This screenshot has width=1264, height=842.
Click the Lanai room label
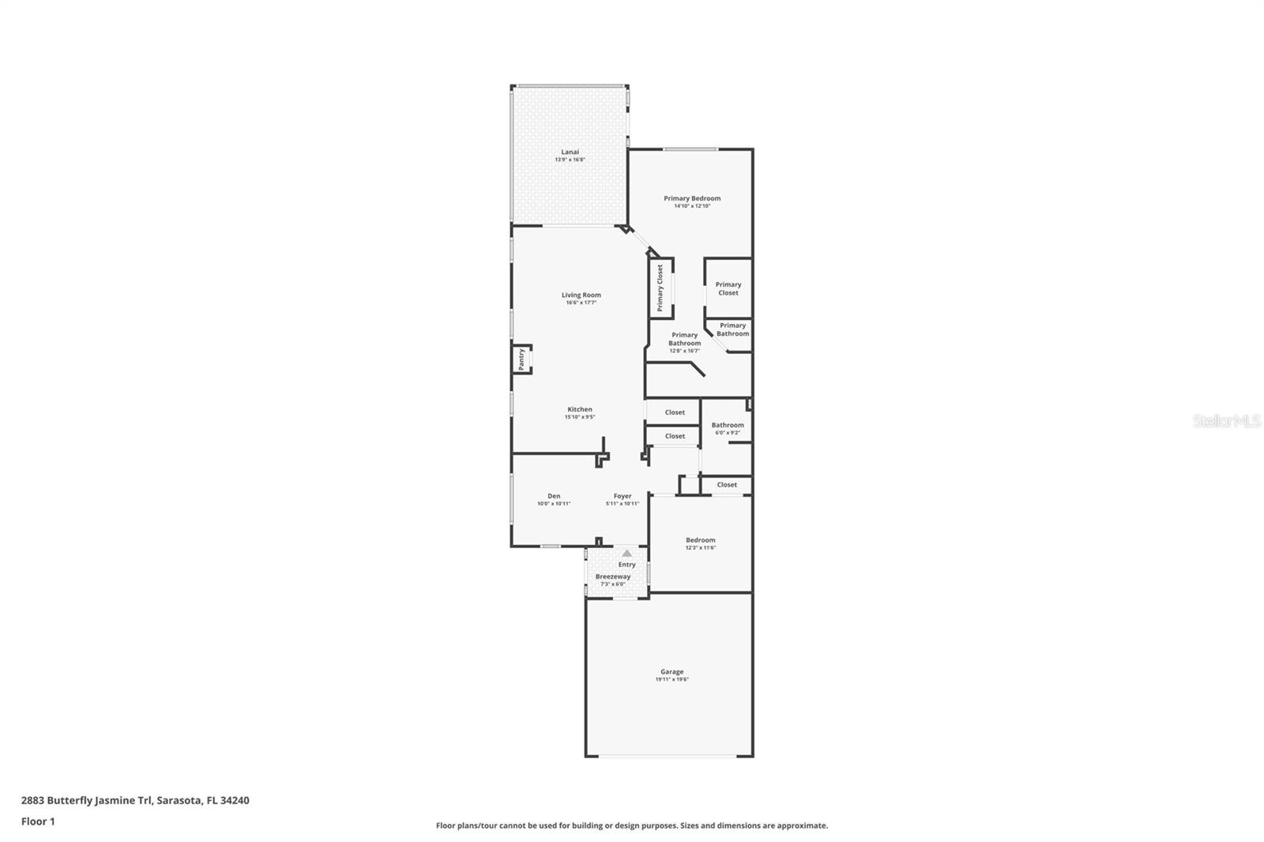click(570, 152)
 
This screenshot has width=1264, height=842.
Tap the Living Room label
click(581, 295)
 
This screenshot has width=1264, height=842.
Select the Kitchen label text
click(579, 409)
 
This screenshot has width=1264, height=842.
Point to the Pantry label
click(521, 359)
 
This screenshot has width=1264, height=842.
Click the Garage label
click(671, 671)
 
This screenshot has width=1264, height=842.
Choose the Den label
click(554, 496)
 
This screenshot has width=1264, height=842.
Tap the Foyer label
click(623, 496)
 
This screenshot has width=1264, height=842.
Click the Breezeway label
click(613, 577)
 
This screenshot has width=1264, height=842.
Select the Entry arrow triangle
click(626, 553)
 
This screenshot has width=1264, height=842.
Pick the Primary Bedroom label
click(692, 198)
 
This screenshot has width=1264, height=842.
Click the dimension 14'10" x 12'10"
click(692, 206)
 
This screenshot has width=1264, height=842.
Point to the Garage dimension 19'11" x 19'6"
click(671, 679)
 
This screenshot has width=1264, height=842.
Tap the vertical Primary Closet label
click(660, 288)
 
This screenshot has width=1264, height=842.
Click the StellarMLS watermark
click(1226, 421)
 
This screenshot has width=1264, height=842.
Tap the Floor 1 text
click(38, 821)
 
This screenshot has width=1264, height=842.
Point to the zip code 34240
click(235, 800)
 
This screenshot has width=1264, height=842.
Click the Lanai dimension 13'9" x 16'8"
click(570, 160)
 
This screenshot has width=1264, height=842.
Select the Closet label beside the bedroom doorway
click(727, 485)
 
